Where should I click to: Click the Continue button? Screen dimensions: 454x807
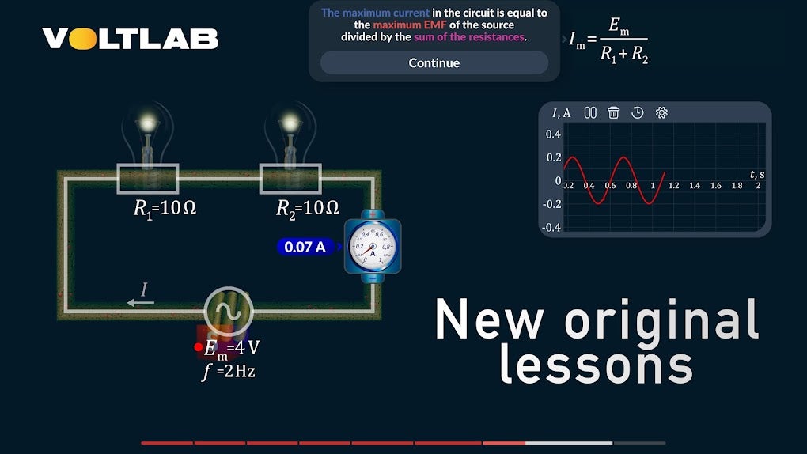tap(434, 63)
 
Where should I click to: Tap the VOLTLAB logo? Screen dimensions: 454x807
tap(131, 38)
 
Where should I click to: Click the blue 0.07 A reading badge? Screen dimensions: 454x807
tap(305, 247)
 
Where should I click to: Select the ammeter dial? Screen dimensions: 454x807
tap(373, 246)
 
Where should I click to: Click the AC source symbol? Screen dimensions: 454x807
tap(228, 312)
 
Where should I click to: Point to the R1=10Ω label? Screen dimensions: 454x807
tap(165, 208)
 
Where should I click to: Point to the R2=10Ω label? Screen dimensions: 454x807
tap(307, 208)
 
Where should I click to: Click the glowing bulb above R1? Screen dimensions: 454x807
tap(148, 131)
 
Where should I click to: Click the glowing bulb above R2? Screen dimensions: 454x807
tap(291, 131)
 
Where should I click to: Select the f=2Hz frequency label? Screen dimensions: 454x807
tap(229, 370)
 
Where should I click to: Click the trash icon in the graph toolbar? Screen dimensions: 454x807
tap(613, 113)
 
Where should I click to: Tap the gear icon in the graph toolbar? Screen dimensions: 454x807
tap(662, 113)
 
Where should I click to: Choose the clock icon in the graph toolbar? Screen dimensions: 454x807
tap(638, 113)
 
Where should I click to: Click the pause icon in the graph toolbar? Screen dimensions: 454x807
tap(590, 113)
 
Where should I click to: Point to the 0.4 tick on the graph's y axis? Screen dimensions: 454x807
tap(553, 134)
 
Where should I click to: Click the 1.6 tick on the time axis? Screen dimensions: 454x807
tap(716, 185)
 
